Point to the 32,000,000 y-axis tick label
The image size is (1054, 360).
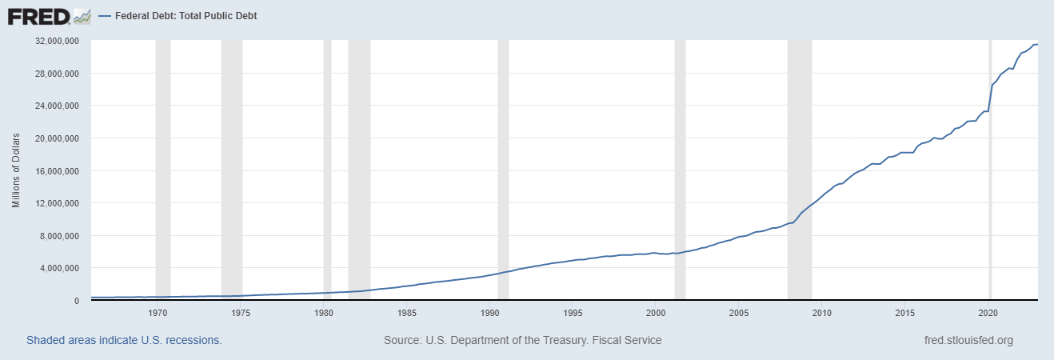pos(55,41)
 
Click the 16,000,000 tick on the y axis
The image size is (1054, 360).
pos(55,170)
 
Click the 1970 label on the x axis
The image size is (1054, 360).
pos(158,313)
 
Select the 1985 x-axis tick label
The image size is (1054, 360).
pos(407,313)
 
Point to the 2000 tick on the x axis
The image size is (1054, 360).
pos(656,313)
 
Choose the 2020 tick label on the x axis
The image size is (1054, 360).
pos(989,313)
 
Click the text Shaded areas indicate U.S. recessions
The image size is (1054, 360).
pos(124,340)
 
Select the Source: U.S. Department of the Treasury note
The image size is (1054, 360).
pos(522,340)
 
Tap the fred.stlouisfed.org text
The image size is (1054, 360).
pos(968,340)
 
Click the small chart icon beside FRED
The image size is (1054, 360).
pos(82,16)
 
